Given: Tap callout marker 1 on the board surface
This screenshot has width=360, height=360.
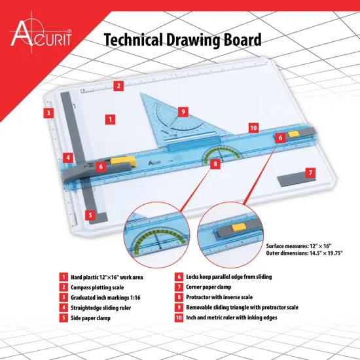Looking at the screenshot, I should (x=111, y=120).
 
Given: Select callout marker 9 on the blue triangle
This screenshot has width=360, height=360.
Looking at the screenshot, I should (x=183, y=112).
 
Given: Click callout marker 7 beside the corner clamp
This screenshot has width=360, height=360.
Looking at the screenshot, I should (x=310, y=173).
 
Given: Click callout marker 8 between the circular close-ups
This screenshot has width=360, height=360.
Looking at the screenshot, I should (x=215, y=164).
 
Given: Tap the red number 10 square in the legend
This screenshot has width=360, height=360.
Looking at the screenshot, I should (x=179, y=317).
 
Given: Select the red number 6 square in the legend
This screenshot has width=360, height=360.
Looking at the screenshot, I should (x=179, y=277).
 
